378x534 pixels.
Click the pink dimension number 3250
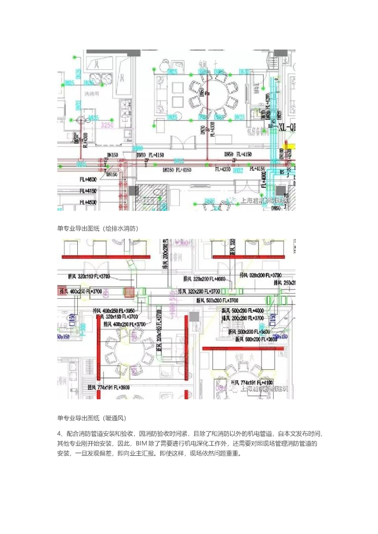click(x=107, y=126)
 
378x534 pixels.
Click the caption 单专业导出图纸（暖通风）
click(x=92, y=418)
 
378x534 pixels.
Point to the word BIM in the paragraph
click(x=141, y=443)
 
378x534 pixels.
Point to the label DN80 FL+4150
click(x=150, y=155)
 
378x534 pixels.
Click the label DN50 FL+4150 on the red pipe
click(x=238, y=154)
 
